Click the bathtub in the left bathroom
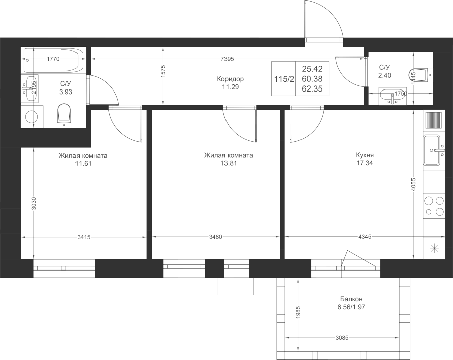click(54, 60)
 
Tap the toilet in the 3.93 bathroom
click(64, 116)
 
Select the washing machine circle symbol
click(32, 117)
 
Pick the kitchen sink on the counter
click(433, 150)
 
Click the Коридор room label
click(230, 79)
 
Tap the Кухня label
click(364, 155)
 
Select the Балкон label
click(351, 299)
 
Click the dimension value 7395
click(227, 59)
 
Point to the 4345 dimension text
click(364, 237)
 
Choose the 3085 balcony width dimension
click(342, 337)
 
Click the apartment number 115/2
click(284, 79)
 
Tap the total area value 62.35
click(312, 88)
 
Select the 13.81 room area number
click(229, 163)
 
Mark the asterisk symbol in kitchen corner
click(434, 248)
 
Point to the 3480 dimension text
click(216, 237)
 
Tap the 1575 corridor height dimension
click(163, 71)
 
